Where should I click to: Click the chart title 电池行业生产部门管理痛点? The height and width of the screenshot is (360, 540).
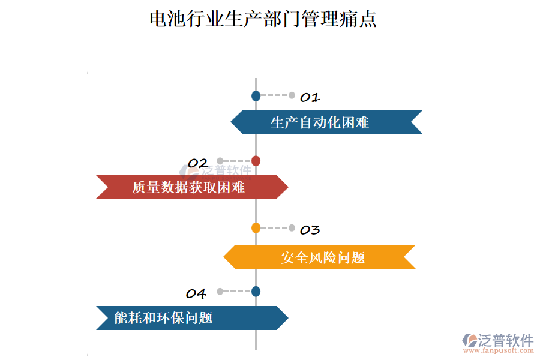point(263,19)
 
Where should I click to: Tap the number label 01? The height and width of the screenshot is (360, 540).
point(310,97)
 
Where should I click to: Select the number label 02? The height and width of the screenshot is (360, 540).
point(197,163)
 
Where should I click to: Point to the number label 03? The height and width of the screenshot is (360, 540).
point(310,230)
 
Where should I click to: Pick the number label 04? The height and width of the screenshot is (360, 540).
point(196,294)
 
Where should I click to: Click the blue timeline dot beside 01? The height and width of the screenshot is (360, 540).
point(256,95)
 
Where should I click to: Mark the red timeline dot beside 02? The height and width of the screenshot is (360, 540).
point(256,161)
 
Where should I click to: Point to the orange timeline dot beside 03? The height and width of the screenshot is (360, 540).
point(256,227)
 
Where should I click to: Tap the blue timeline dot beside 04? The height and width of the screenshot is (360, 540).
point(256,292)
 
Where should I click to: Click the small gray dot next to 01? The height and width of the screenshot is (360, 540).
point(292,95)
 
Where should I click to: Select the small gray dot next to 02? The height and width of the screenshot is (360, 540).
point(220,161)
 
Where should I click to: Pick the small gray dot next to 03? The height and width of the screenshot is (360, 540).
point(292,227)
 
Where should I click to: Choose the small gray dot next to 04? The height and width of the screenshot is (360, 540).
point(220,292)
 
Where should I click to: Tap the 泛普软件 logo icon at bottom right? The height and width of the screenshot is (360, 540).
point(469,340)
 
